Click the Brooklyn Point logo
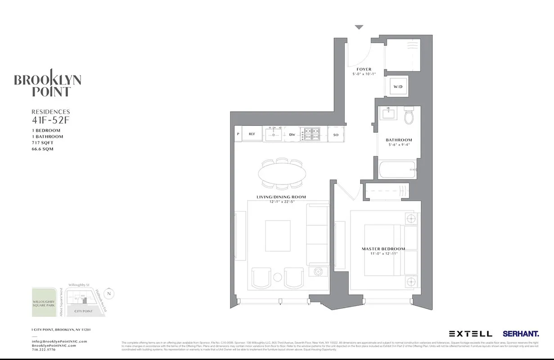48,85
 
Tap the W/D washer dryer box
398,86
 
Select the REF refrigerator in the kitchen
252,134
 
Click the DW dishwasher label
292,134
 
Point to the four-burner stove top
311,134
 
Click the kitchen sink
273,134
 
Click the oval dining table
282,173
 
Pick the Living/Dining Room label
281,197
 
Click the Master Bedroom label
383,249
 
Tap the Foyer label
364,69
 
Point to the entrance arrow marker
359,27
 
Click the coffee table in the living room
278,236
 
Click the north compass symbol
109,294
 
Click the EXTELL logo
470,334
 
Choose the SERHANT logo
521,334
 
